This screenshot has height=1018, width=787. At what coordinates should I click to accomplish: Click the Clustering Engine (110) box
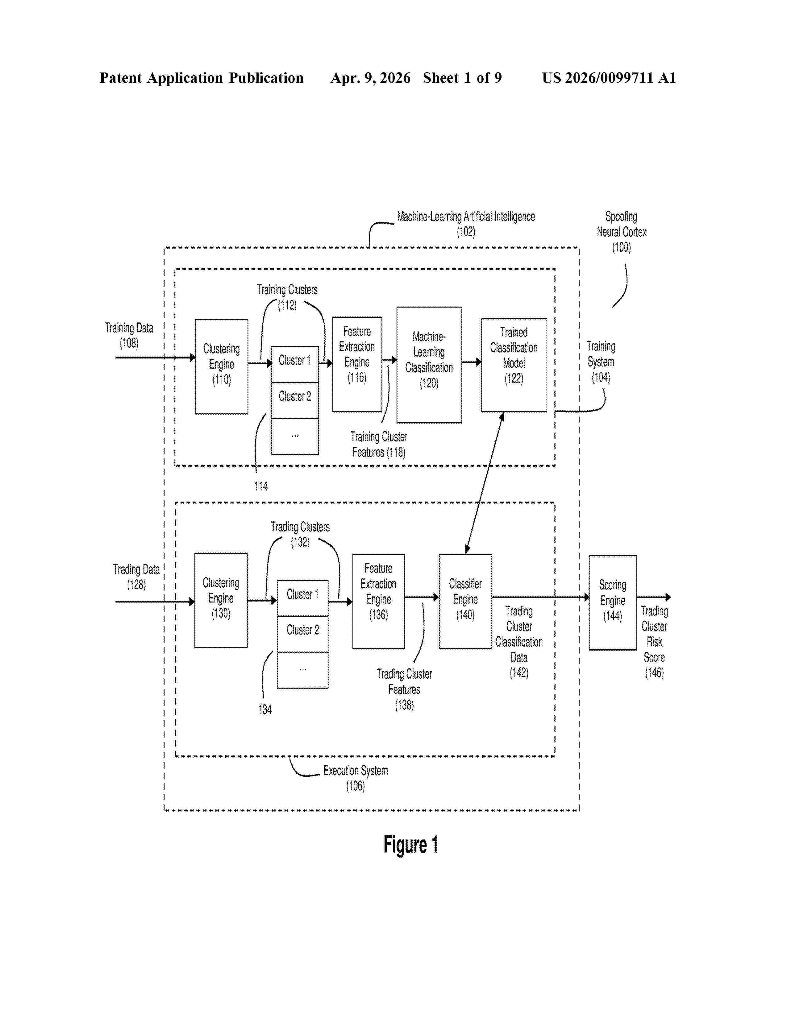coord(222,366)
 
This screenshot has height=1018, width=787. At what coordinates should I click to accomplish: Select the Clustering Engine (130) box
coord(221,600)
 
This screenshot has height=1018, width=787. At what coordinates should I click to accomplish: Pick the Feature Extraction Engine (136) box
coord(379,601)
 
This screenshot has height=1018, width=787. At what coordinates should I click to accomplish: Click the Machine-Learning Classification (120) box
coord(429,365)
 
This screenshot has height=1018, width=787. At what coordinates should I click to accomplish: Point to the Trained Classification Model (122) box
coord(514,365)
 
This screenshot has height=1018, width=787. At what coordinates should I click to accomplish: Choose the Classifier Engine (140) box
coord(465,601)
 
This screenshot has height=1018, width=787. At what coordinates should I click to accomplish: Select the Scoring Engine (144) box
coord(613,603)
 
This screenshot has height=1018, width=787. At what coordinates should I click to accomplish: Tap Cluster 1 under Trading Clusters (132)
coord(302,598)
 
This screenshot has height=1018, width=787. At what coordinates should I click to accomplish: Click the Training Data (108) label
coord(129,336)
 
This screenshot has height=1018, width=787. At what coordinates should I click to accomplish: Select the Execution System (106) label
coord(355,778)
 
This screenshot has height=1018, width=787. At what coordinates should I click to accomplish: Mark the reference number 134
coord(265,710)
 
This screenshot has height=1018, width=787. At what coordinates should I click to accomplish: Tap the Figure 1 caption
coord(411,845)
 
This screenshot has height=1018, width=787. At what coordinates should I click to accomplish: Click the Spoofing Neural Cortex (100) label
coord(622,232)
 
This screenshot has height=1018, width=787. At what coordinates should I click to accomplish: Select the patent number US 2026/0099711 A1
coord(609,78)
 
